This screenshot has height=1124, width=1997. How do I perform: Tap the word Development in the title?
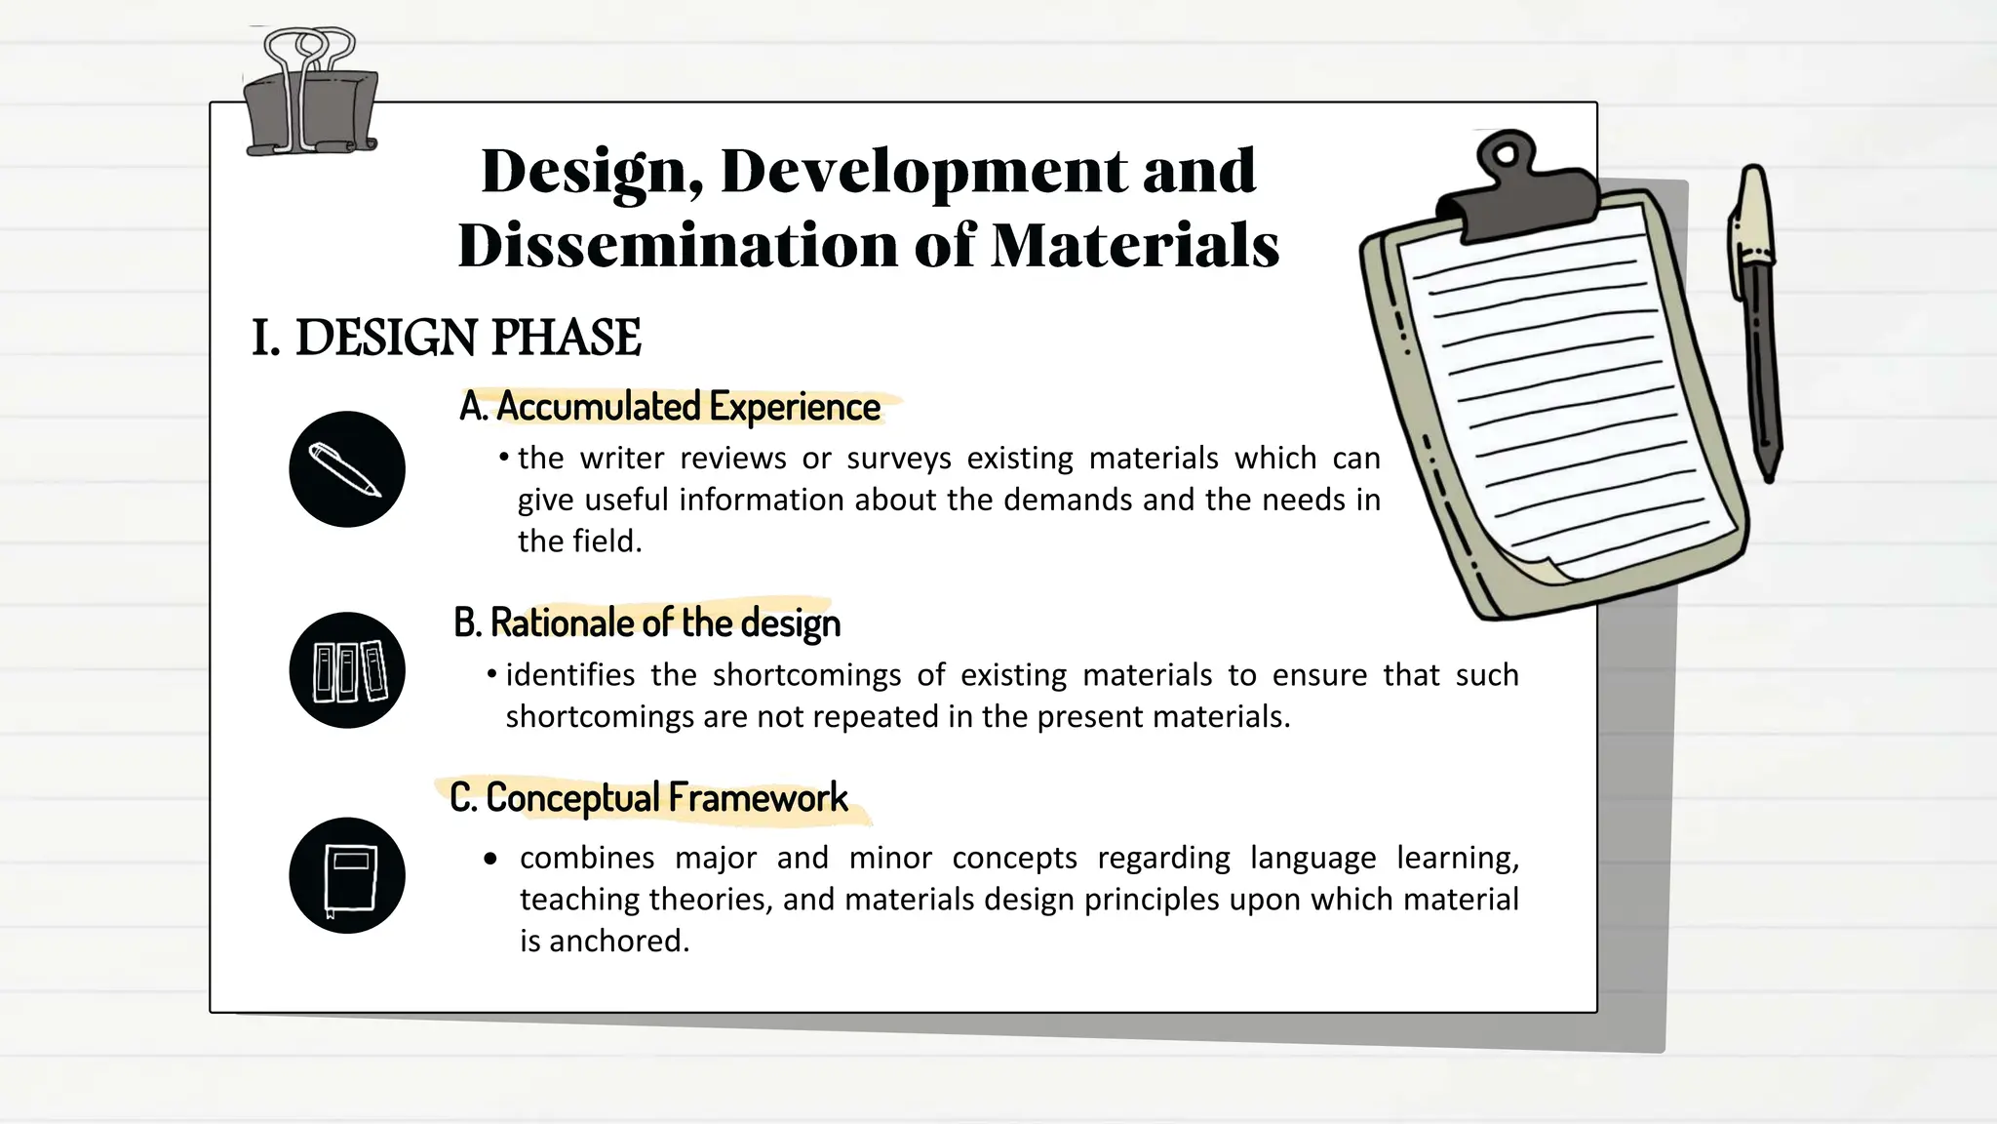[x=923, y=171]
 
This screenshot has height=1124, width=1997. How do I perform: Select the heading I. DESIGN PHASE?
[x=447, y=338]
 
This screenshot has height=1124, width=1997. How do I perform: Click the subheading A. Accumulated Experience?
[x=670, y=407]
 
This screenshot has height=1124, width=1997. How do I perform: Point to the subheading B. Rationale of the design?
[x=646, y=622]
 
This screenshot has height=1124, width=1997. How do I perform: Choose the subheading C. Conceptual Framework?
[x=648, y=798]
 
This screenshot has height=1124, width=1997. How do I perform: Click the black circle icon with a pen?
[x=347, y=469]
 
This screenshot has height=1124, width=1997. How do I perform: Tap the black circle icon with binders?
[x=347, y=670]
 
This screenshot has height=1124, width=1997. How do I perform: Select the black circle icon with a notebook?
[x=347, y=875]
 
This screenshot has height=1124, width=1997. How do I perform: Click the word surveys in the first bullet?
[x=899, y=458]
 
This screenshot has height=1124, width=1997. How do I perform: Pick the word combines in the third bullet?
[x=587, y=858]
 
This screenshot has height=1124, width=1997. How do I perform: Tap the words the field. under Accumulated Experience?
[x=579, y=541]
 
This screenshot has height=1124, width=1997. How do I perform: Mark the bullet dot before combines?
[x=490, y=859]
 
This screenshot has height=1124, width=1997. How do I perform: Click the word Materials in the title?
[x=1135, y=245]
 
